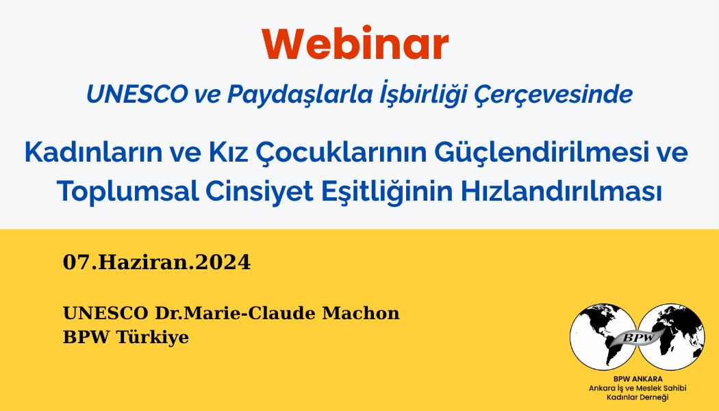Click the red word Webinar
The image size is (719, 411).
[x=355, y=44]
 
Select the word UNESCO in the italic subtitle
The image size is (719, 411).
[x=137, y=94]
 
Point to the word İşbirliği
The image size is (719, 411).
[x=425, y=94]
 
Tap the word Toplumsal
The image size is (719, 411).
[x=128, y=192]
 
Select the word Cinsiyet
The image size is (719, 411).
[x=259, y=192]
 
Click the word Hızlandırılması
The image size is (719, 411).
[x=562, y=191]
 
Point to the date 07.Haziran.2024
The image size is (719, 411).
[x=157, y=262]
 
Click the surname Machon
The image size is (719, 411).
[x=361, y=313]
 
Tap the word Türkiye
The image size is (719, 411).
[x=153, y=337]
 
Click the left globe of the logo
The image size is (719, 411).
[x=603, y=337]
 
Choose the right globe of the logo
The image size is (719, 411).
[x=671, y=337]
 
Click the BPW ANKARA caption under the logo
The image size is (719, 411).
[x=638, y=379]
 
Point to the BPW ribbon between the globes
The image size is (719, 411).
[x=639, y=337]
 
